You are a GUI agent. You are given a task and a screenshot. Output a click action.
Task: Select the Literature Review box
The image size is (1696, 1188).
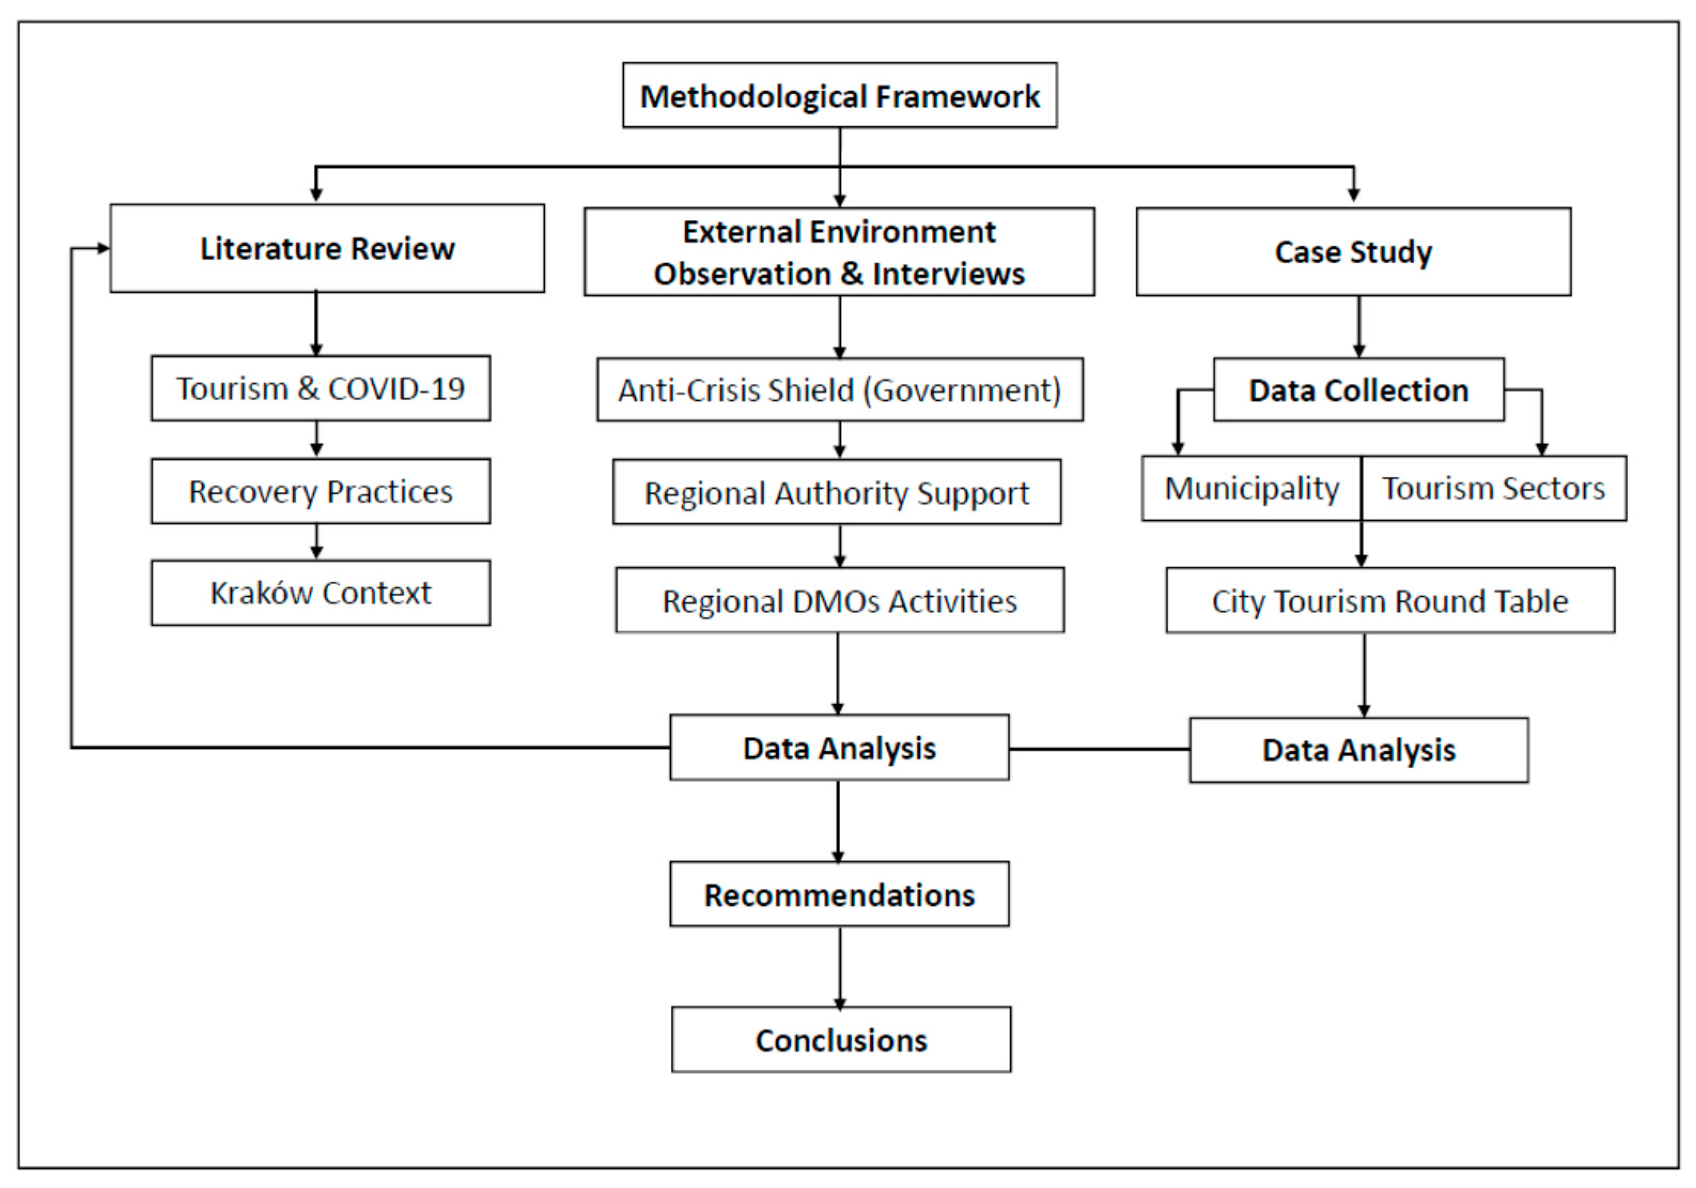coord(327,249)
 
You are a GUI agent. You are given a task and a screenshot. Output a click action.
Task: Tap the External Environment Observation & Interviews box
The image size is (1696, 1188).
coord(839,252)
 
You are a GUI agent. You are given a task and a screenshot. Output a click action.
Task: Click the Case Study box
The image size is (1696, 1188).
coord(1353,252)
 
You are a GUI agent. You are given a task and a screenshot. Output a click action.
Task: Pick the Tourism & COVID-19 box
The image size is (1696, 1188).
coord(321,389)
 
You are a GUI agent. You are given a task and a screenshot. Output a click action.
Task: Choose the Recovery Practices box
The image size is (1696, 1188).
coord(321,491)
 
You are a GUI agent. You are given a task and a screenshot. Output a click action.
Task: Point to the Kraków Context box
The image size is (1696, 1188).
coord(321,593)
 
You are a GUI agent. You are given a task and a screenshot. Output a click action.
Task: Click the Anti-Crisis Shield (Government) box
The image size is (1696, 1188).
coord(840,390)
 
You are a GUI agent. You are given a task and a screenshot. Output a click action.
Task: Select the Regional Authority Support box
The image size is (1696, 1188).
coord(837,493)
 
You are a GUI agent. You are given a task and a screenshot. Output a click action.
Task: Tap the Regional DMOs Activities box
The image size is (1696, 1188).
coord(840,601)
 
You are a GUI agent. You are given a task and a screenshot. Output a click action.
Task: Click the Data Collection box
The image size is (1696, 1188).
coord(1358,390)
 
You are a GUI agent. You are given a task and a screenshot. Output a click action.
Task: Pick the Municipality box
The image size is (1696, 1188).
coord(1251,488)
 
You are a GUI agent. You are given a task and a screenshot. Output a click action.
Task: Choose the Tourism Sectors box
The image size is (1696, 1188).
coord(1493,488)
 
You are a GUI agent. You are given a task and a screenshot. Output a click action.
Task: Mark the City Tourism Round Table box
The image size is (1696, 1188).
coord(1390,601)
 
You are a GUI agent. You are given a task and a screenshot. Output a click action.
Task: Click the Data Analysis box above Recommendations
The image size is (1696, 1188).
coord(839,748)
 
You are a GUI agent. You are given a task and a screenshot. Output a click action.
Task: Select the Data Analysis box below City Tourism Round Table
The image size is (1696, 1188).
coord(1358,750)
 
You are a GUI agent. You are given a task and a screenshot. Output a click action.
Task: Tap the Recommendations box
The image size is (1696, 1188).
coord(839,894)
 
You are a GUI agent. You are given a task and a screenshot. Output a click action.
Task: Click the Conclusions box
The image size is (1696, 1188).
coord(841,1039)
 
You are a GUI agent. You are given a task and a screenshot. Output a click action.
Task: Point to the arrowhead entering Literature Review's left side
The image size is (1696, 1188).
coord(104,249)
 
